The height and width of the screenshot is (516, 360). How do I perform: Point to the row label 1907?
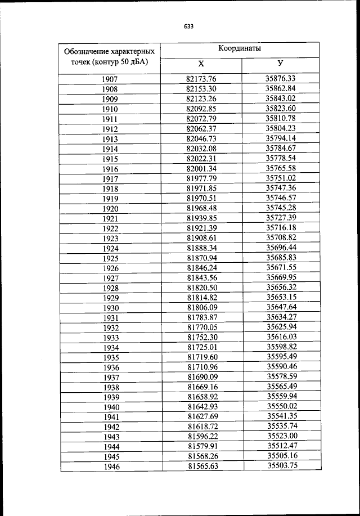[110, 79]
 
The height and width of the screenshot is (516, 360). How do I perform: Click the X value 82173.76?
[201, 79]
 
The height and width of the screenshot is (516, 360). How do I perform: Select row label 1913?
[110, 140]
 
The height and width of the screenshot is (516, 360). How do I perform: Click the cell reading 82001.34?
[201, 168]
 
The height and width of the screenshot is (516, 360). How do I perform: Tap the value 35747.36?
[281, 188]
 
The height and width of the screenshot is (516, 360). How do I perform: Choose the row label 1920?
[110, 209]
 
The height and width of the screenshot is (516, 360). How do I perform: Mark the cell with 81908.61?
[201, 238]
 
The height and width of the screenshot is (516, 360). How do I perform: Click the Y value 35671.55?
[281, 267]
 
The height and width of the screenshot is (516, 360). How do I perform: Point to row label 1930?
[110, 308]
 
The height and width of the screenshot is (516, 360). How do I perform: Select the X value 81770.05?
[201, 327]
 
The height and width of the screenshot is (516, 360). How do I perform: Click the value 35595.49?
[281, 357]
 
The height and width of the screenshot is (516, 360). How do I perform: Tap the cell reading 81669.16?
[201, 387]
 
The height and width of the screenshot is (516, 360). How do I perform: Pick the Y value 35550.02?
[281, 406]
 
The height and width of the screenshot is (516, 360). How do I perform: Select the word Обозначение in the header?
[83, 51]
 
